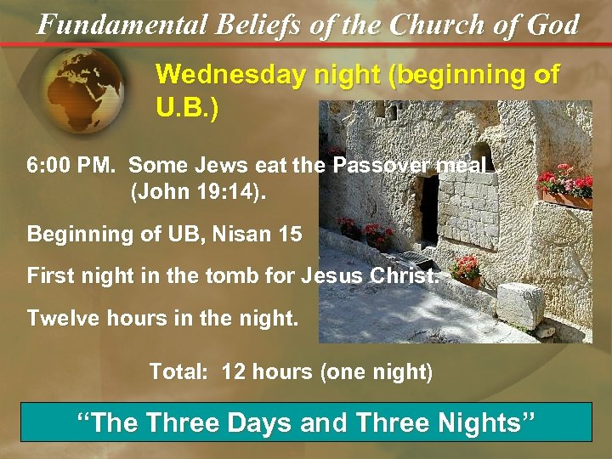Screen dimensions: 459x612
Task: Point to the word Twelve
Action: [x=60, y=319]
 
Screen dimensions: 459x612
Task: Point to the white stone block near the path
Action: [x=519, y=306]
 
